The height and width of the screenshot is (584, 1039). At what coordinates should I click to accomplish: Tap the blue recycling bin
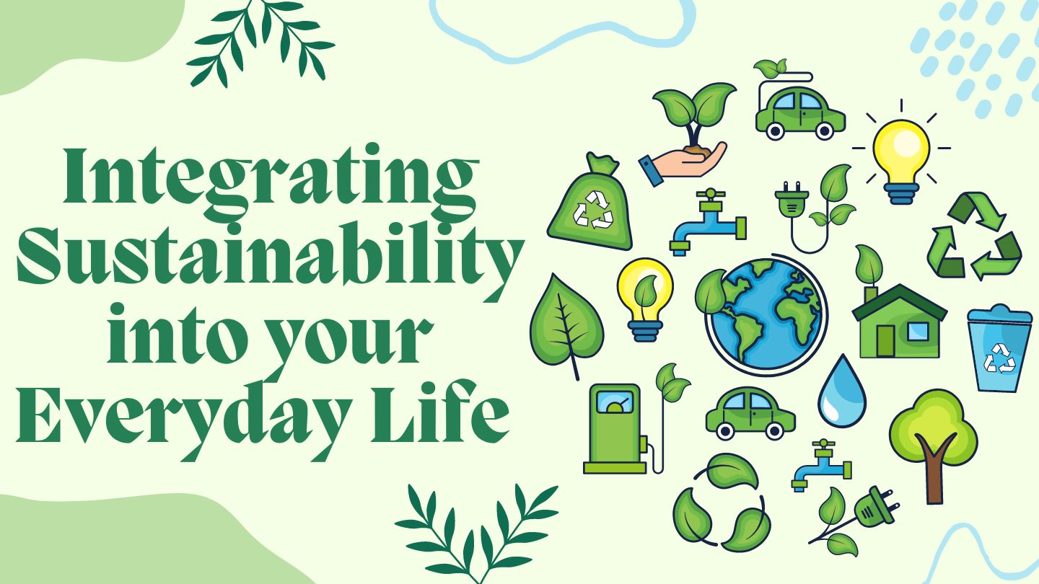click(x=1000, y=348)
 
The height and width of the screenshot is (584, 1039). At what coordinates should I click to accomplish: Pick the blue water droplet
click(x=842, y=391)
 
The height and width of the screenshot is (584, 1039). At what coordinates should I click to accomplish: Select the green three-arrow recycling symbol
click(x=974, y=236)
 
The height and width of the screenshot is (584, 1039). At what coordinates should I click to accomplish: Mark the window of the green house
click(x=918, y=332)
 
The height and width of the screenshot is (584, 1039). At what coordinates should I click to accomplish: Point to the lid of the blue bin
click(x=1000, y=315)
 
